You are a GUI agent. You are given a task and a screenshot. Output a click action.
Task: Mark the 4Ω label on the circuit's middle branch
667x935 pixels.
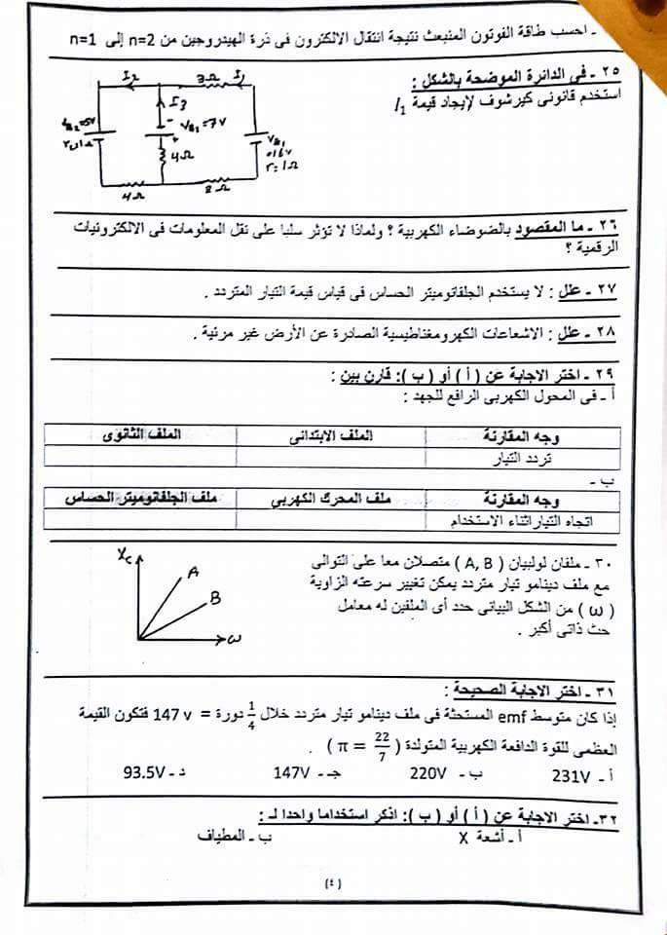tap(179, 153)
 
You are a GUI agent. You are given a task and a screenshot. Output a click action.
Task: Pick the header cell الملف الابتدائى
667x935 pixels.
tap(332, 435)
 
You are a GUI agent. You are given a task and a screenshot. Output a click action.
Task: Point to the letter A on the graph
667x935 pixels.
tap(194, 574)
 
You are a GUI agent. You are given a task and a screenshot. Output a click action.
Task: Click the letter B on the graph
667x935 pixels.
tap(215, 599)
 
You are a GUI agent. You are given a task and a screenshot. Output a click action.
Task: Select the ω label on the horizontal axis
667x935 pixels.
tap(235, 640)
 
